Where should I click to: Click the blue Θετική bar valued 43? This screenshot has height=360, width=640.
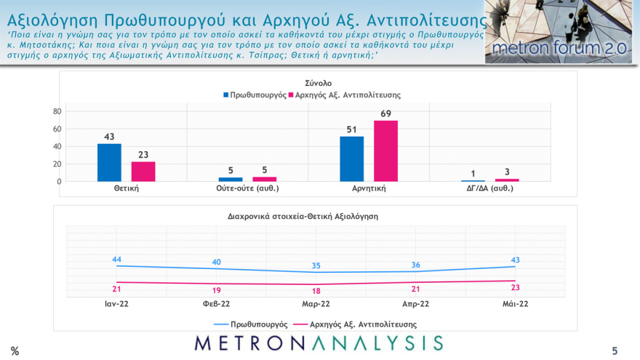(x=109, y=162)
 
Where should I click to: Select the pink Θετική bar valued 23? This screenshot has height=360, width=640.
(x=143, y=171)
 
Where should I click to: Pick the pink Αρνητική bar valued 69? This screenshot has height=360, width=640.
(x=386, y=151)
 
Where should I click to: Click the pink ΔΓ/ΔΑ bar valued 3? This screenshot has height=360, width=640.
(x=508, y=180)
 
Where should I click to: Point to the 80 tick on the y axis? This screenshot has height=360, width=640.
(x=57, y=112)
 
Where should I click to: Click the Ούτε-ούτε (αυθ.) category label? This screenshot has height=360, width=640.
(x=248, y=188)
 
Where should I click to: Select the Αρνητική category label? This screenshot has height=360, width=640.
(x=369, y=188)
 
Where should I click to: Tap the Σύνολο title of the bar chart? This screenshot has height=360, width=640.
(x=308, y=83)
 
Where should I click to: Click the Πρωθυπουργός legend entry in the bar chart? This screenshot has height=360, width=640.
(x=254, y=95)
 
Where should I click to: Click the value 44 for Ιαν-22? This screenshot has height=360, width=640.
(x=116, y=259)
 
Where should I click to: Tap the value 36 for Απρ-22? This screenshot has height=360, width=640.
(x=416, y=265)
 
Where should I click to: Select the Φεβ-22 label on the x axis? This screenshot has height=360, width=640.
(x=216, y=304)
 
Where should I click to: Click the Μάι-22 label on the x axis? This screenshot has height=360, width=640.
(x=514, y=304)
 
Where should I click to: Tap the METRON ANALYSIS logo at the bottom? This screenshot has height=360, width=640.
(x=319, y=343)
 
